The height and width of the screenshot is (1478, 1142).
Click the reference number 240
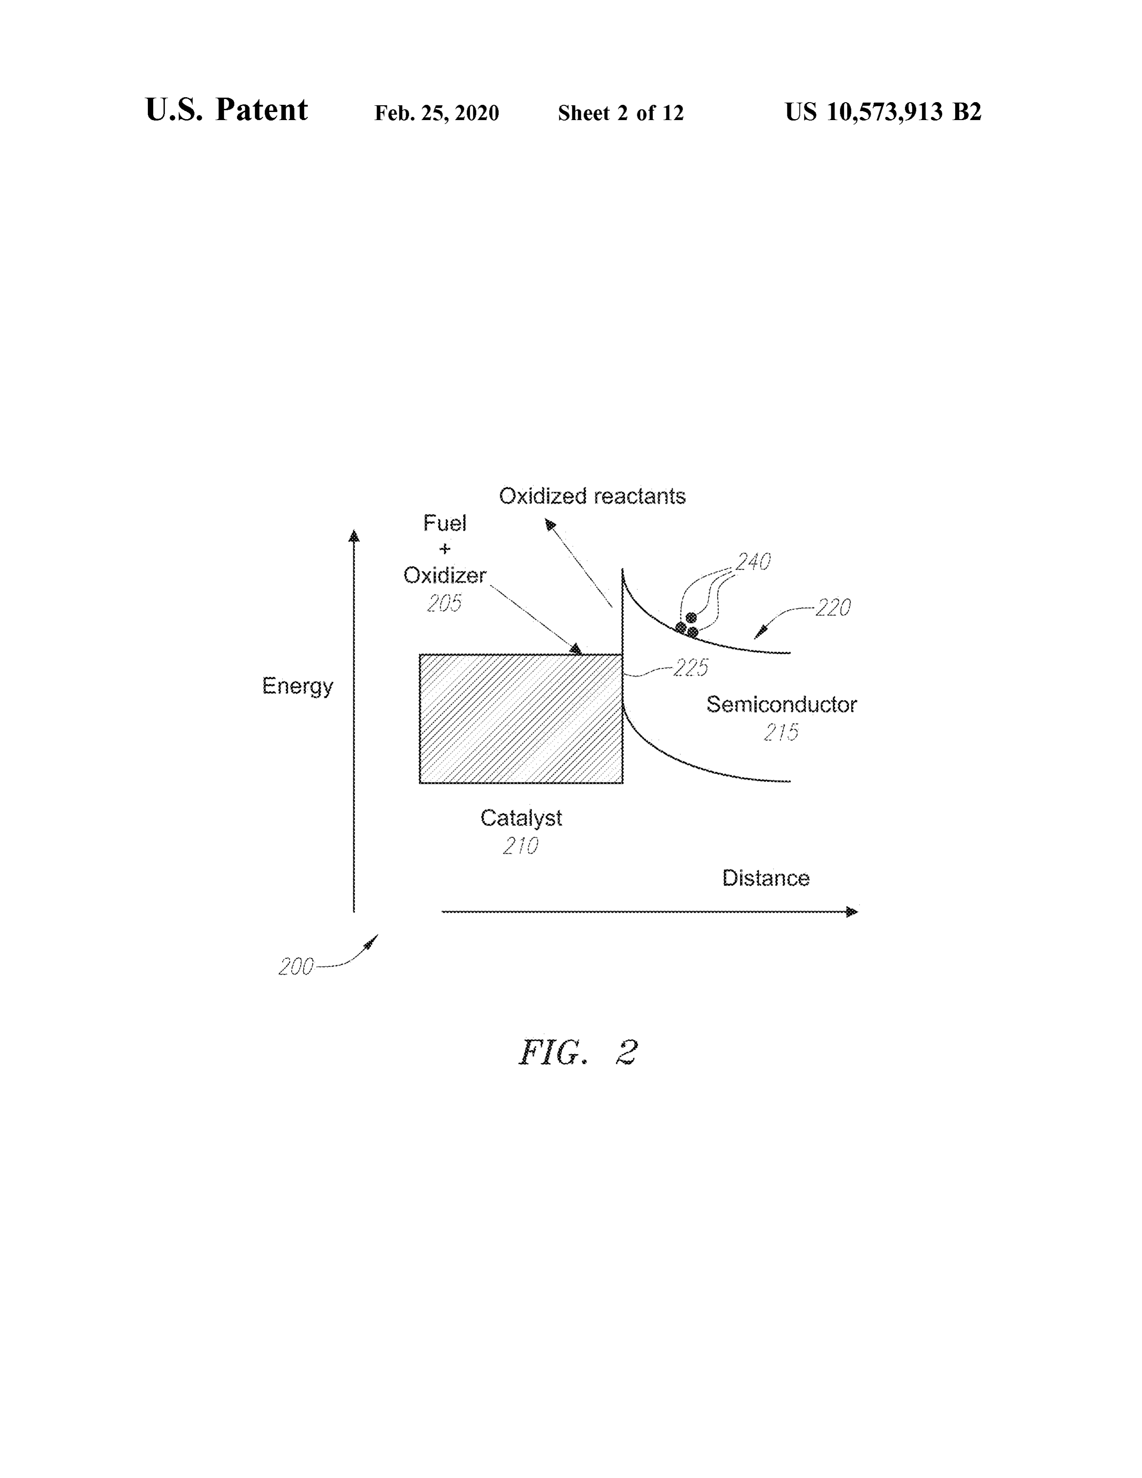coord(753,562)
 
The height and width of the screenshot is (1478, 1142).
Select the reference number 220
coord(833,608)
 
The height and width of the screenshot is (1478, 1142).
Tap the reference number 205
coord(445,603)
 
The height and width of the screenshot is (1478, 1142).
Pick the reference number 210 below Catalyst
coord(521,846)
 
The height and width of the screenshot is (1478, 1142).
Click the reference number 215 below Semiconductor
coord(781,732)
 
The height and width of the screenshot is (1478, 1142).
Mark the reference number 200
coord(296,967)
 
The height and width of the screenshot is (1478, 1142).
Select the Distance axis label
coord(766,878)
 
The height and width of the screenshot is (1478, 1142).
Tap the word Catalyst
coord(521,819)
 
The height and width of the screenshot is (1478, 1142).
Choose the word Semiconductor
coord(781,705)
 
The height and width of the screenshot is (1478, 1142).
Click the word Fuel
coord(445,523)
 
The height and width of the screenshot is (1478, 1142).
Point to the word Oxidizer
coord(445,576)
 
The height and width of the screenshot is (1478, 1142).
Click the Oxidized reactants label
coord(592,497)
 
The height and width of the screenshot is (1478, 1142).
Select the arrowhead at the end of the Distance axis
coord(852,911)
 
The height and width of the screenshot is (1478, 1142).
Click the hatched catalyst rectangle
coord(521,719)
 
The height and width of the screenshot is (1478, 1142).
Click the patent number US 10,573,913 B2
coord(883,112)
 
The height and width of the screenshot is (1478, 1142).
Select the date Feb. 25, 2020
coord(437,113)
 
